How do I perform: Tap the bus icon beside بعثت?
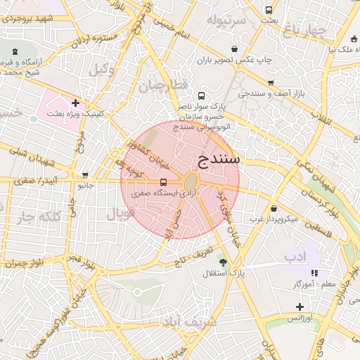[x=269, y=10]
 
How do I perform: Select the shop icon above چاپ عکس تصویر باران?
[x=234, y=49]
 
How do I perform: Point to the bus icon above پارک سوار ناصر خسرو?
[x=202, y=96]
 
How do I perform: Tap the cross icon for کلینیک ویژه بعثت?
[x=75, y=103]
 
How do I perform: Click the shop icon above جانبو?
[x=85, y=175]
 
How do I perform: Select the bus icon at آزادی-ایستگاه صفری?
[x=164, y=181]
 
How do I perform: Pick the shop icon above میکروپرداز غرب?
[x=274, y=208]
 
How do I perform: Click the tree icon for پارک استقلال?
[x=223, y=262]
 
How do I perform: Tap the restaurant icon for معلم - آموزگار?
[x=314, y=273]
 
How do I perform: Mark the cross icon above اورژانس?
[x=300, y=307]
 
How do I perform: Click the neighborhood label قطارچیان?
[x=165, y=86]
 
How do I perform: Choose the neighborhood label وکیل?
[x=103, y=69]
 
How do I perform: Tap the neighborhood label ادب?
[x=296, y=257]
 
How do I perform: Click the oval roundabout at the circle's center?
[x=192, y=181]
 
